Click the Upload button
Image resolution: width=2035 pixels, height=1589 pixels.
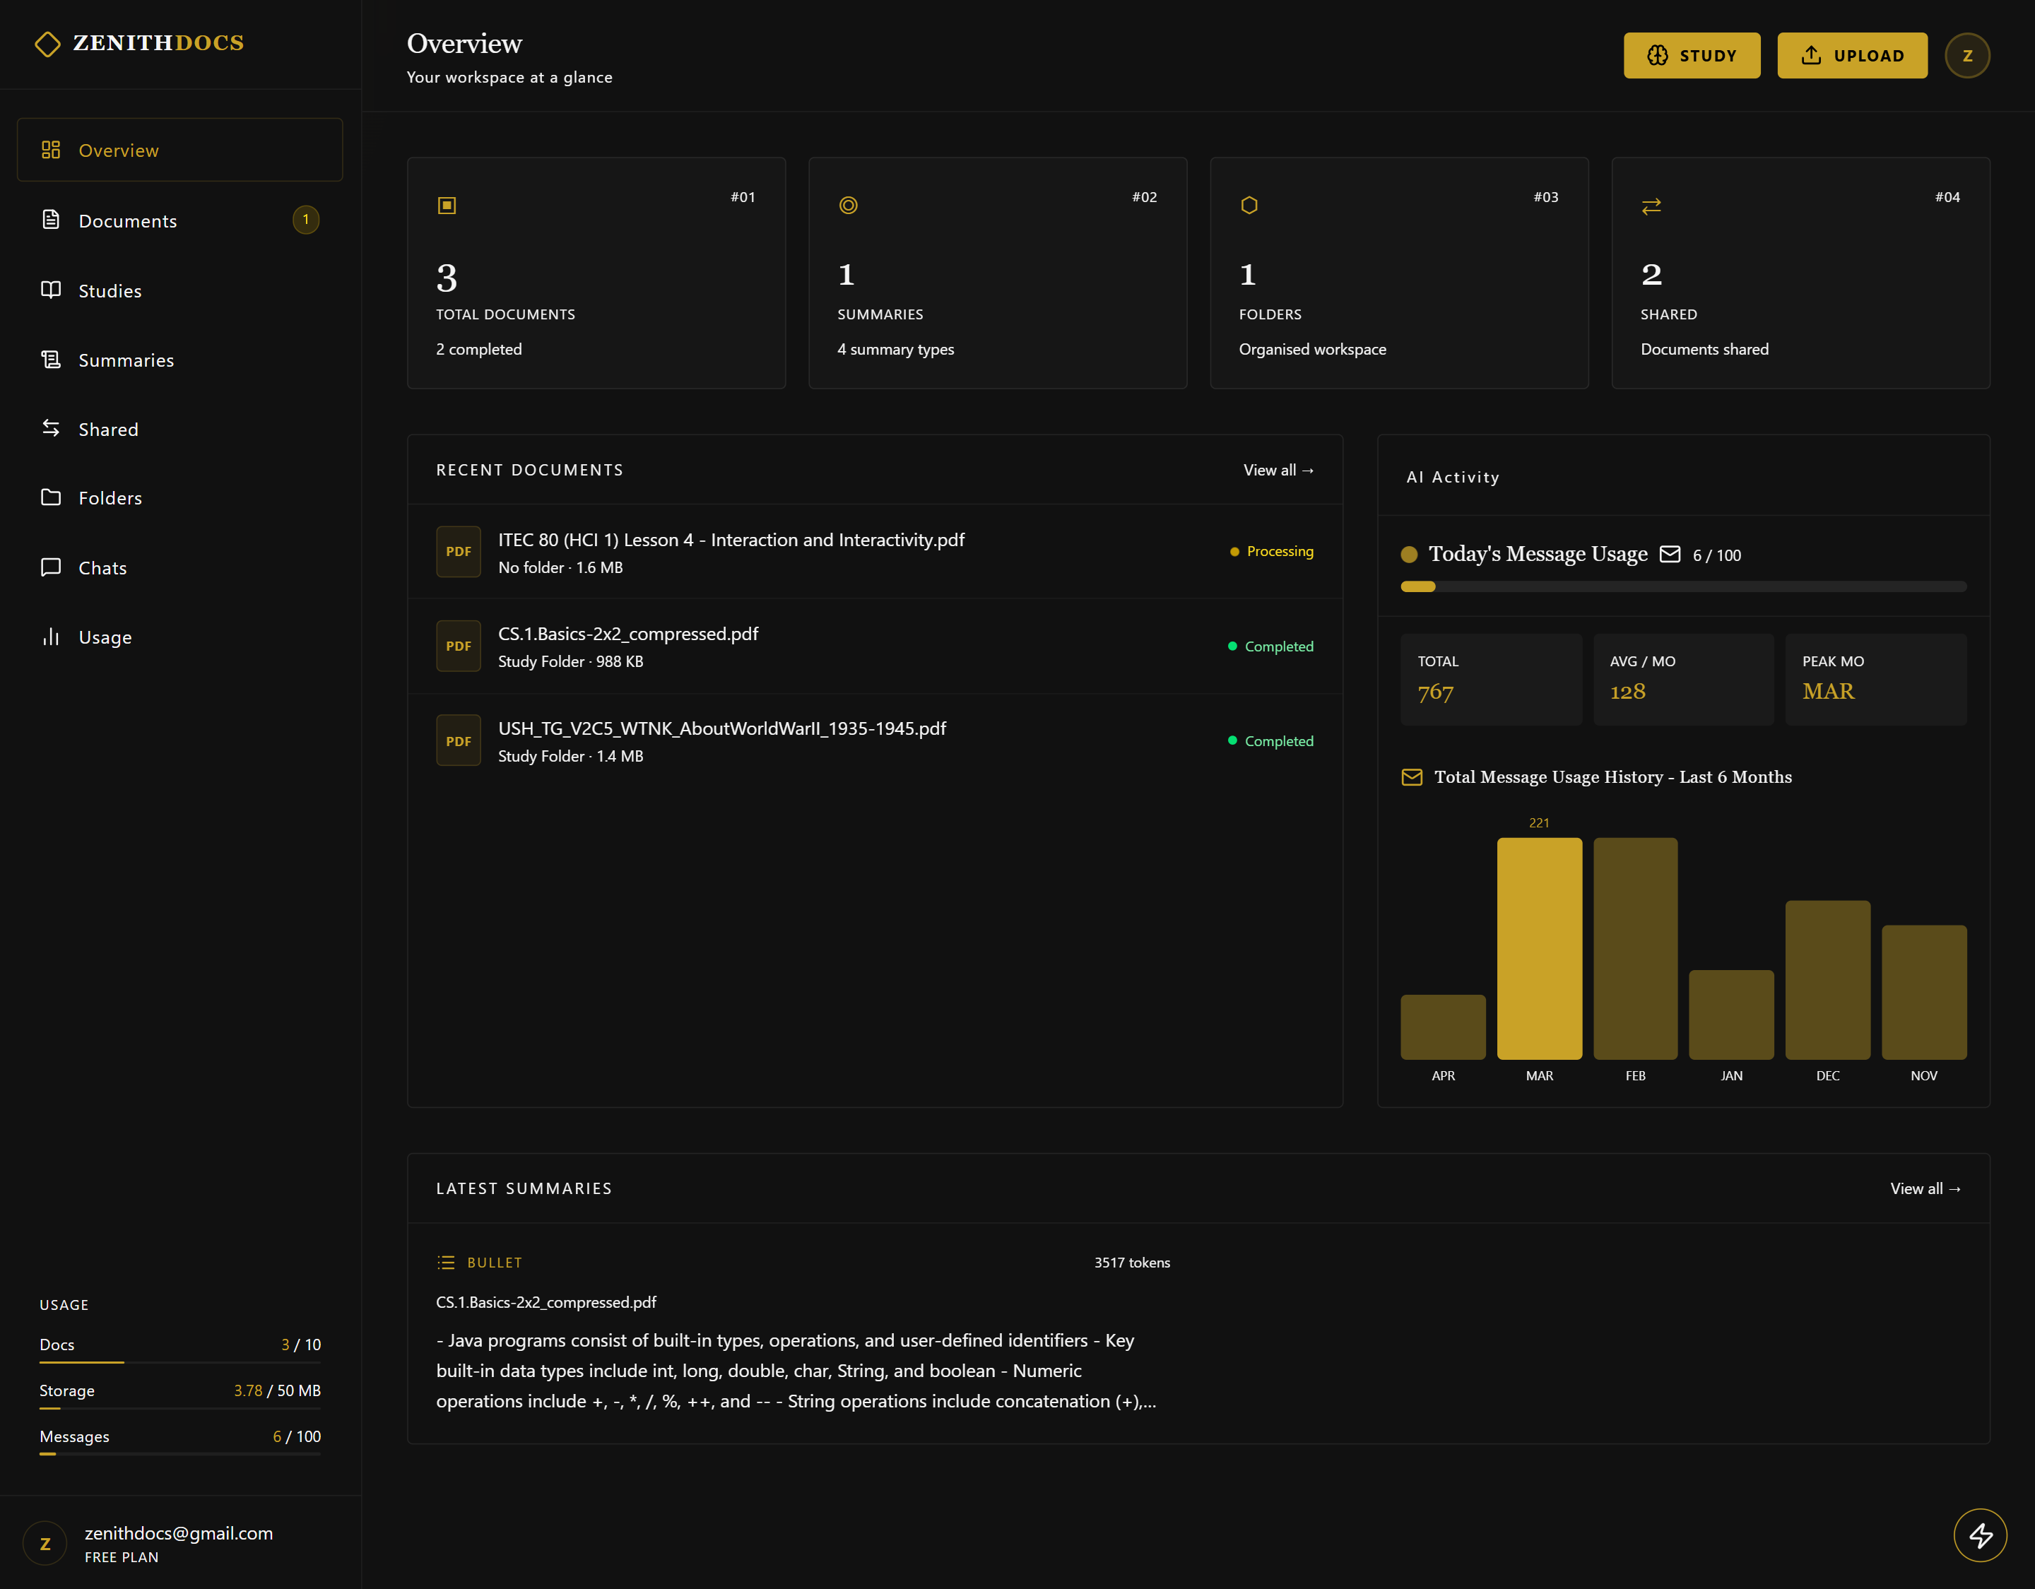[x=1851, y=56]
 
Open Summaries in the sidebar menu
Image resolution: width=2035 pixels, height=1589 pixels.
[x=126, y=360]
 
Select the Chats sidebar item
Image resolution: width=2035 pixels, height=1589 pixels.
[x=102, y=567]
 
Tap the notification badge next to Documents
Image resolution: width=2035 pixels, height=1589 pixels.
[x=306, y=220]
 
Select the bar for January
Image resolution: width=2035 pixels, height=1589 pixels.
[x=1730, y=1014]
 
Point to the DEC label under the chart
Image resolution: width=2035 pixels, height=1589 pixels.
[x=1827, y=1075]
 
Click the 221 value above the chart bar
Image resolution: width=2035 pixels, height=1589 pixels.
[x=1538, y=823]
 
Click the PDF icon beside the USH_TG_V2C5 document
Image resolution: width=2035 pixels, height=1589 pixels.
[x=459, y=741]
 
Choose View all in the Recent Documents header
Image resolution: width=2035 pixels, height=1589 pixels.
[x=1278, y=471]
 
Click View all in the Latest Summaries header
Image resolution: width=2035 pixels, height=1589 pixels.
[x=1924, y=1189]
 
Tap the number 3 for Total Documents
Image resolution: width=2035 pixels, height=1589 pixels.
[x=447, y=277]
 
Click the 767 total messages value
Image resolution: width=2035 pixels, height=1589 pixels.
[x=1435, y=692]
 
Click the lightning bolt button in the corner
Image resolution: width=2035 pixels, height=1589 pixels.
[x=1980, y=1535]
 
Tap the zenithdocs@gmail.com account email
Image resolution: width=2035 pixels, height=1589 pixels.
[x=179, y=1533]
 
